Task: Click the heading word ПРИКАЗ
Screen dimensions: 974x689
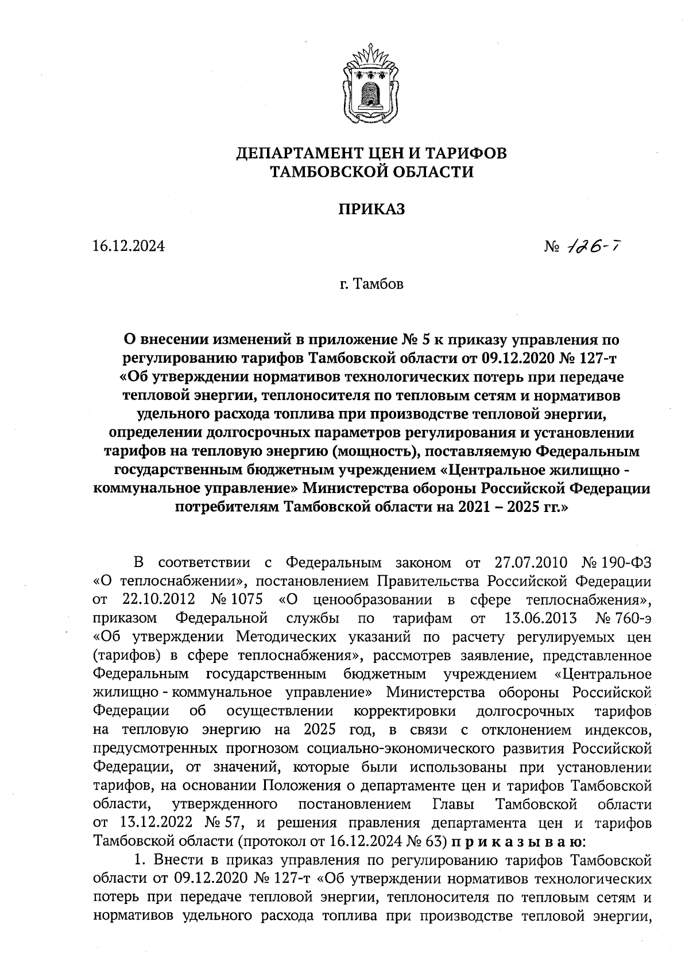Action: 371,209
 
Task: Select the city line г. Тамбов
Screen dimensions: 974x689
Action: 371,284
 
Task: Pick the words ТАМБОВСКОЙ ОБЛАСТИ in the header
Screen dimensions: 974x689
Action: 372,171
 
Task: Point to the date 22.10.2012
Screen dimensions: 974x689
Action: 159,599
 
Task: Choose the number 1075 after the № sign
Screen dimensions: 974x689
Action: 246,599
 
